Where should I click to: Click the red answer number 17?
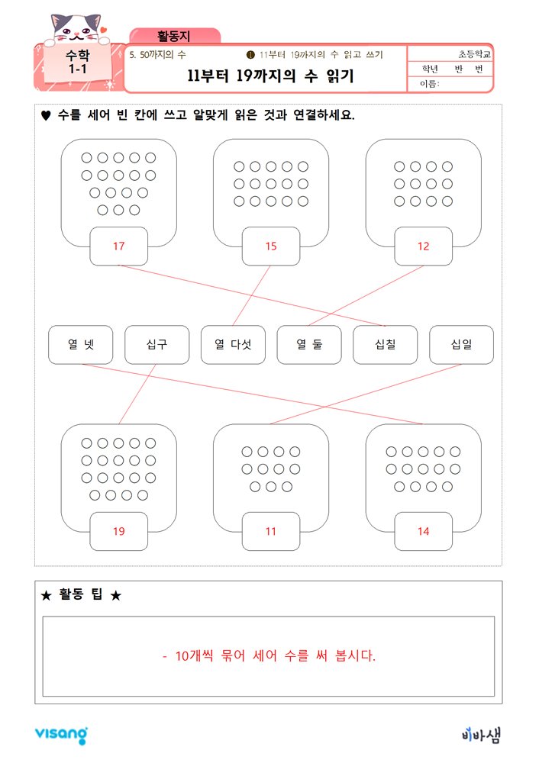pyautogui.click(x=119, y=246)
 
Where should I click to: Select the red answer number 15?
pyautogui.click(x=271, y=246)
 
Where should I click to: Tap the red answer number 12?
pyautogui.click(x=423, y=246)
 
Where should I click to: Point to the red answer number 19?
pyautogui.click(x=119, y=531)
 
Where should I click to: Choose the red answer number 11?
pyautogui.click(x=271, y=531)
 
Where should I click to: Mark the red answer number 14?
pyautogui.click(x=423, y=531)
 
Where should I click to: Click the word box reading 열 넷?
pyautogui.click(x=81, y=345)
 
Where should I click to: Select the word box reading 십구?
pyautogui.click(x=157, y=345)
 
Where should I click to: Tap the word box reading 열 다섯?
pyautogui.click(x=233, y=345)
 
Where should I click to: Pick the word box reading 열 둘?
pyautogui.click(x=309, y=345)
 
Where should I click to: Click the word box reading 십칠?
pyautogui.click(x=385, y=345)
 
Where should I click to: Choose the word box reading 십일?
pyautogui.click(x=462, y=345)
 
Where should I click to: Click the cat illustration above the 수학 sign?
pyautogui.click(x=77, y=28)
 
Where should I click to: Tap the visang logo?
pyautogui.click(x=61, y=735)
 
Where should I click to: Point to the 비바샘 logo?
pyautogui.click(x=481, y=735)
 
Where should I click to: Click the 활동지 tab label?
pyautogui.click(x=174, y=36)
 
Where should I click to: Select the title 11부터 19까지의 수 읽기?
pyautogui.click(x=271, y=76)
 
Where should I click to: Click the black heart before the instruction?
pyautogui.click(x=46, y=116)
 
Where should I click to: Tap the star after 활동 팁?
pyautogui.click(x=116, y=595)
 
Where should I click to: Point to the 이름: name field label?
pyautogui.click(x=430, y=84)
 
